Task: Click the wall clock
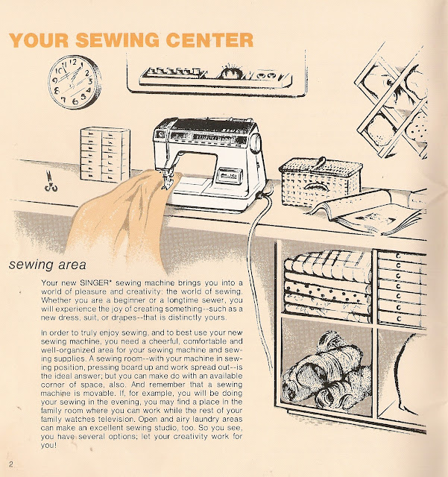(75, 82)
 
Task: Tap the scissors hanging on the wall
(51, 182)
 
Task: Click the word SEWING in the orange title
(117, 40)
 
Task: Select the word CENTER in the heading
(210, 40)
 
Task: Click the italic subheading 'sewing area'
(48, 265)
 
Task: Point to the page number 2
(11, 464)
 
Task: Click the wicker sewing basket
(321, 181)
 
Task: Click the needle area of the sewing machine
(167, 180)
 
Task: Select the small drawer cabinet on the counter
(105, 155)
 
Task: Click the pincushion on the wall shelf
(230, 72)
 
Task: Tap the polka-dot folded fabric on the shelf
(327, 294)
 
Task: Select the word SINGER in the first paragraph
(94, 282)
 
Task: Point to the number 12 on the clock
(73, 62)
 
